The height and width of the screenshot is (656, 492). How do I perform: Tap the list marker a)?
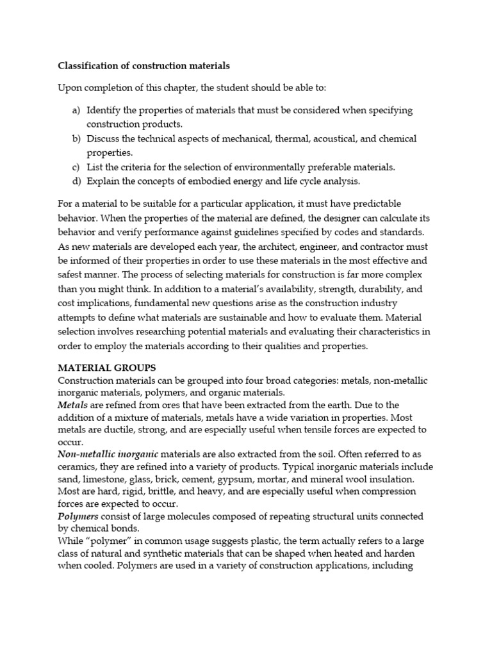click(x=76, y=110)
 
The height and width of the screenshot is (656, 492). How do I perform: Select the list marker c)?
click(x=76, y=167)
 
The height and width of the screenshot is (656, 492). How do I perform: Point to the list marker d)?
click(x=76, y=181)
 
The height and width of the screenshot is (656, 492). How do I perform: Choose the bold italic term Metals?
click(x=72, y=405)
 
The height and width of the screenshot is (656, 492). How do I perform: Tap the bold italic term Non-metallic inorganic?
click(x=108, y=454)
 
